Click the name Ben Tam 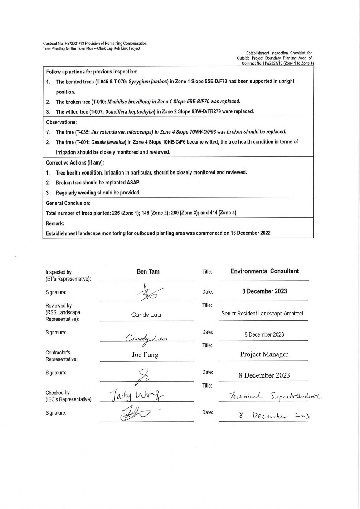[148, 271]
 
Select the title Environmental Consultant [264, 271]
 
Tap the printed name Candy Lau [146, 315]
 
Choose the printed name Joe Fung [145, 355]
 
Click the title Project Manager [264, 354]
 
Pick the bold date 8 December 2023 [264, 291]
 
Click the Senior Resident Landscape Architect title [263, 313]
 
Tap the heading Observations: [61, 122]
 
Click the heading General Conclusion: [68, 203]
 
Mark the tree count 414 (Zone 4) [219, 213]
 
